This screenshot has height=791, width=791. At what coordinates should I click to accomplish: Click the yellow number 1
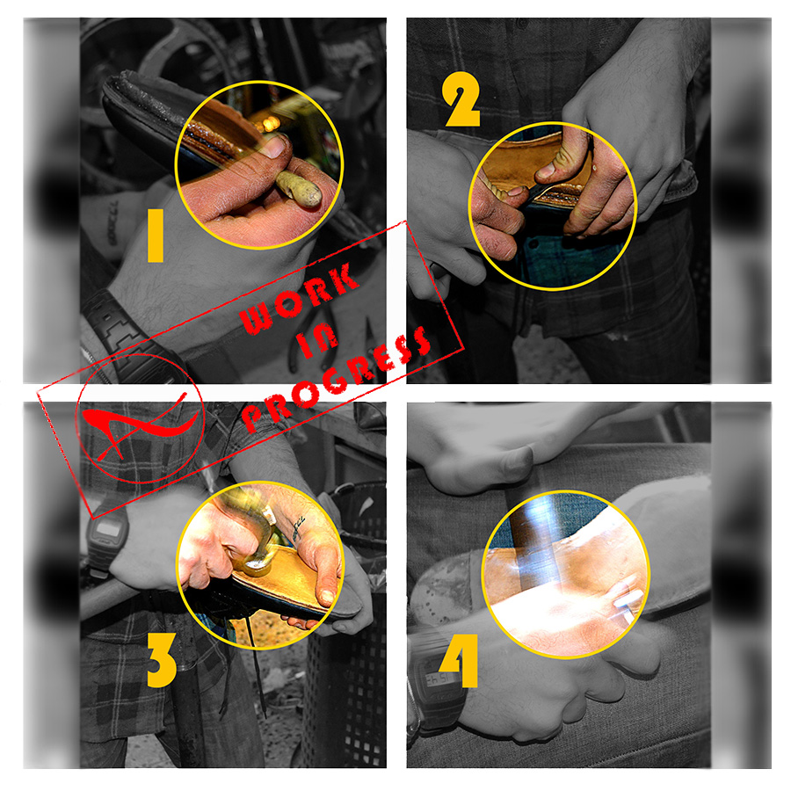(x=156, y=236)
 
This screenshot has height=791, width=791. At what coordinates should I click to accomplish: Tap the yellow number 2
(x=461, y=99)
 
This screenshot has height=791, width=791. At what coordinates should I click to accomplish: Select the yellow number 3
(x=162, y=660)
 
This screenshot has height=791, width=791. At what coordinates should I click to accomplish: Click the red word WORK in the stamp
(x=300, y=298)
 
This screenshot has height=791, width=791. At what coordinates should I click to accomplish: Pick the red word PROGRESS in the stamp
(x=337, y=378)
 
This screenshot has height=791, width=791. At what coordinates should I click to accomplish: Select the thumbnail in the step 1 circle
(x=273, y=147)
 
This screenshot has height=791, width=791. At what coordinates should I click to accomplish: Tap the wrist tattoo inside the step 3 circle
(x=299, y=527)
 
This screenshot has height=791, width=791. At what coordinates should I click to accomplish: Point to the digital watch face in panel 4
(x=438, y=678)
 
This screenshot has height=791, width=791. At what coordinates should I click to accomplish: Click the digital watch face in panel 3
(x=108, y=529)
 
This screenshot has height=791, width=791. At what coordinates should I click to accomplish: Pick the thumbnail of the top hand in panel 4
(x=519, y=460)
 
